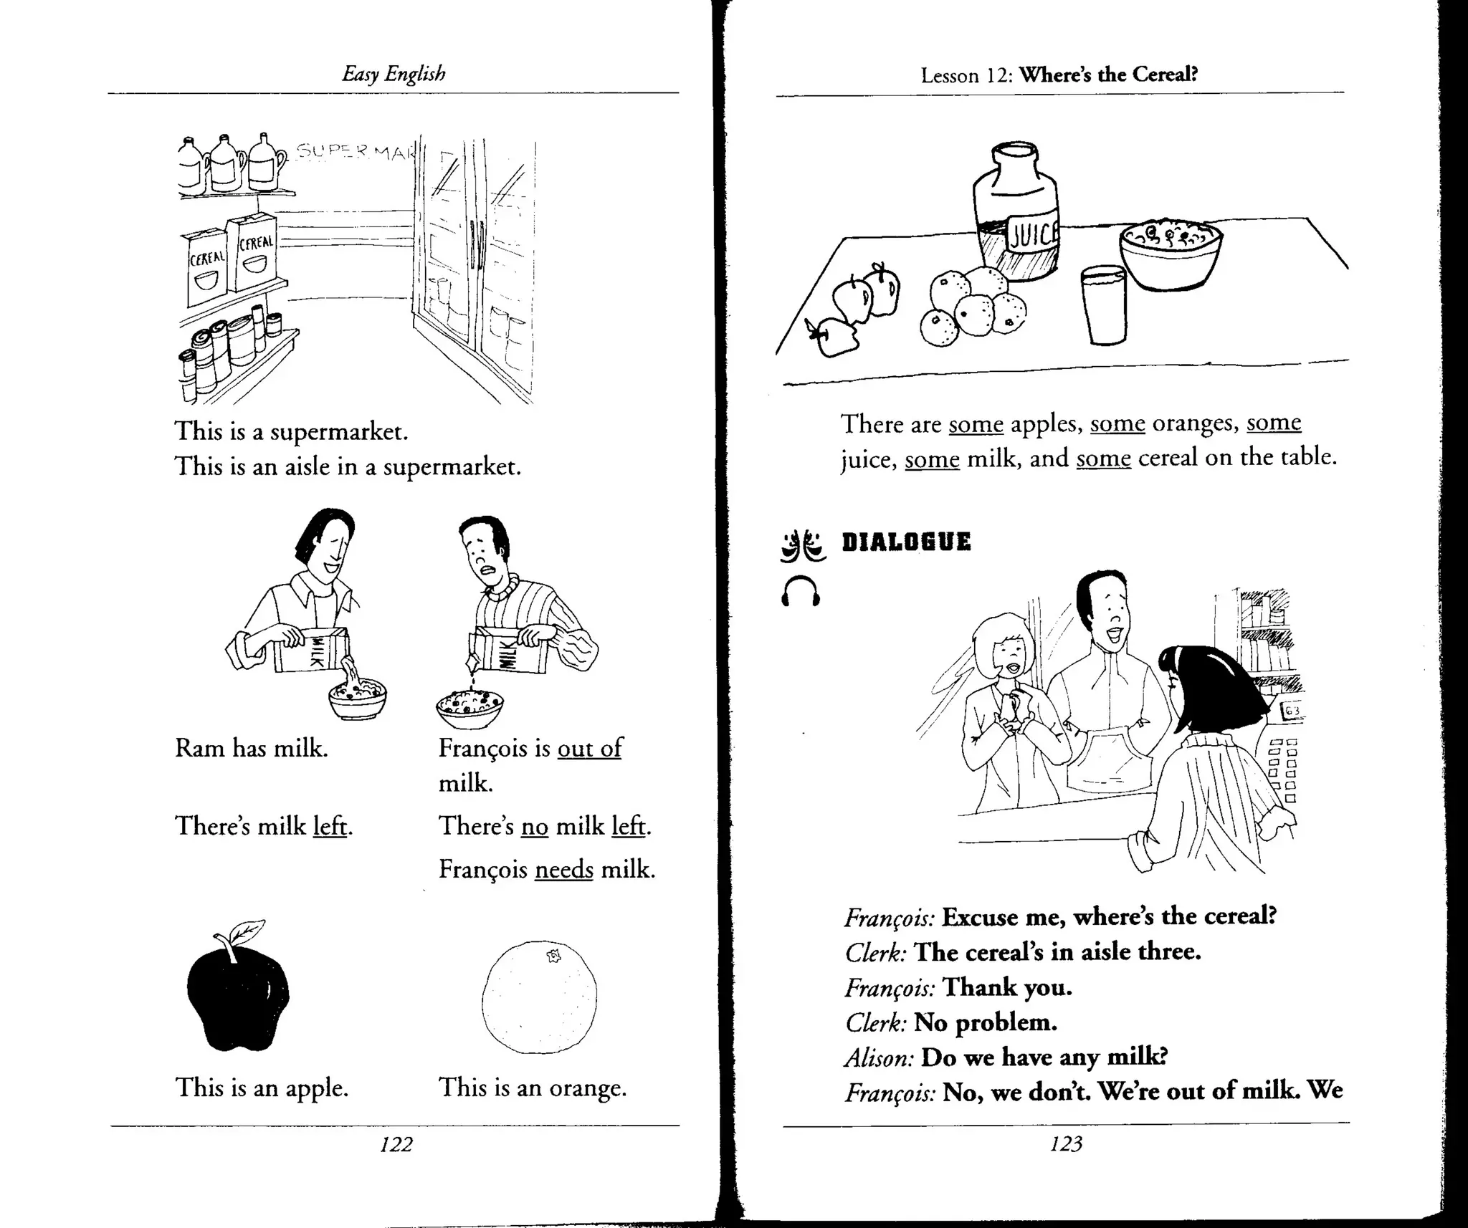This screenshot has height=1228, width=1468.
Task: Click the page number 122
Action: click(396, 1144)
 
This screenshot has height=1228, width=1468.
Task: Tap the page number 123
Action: click(1065, 1144)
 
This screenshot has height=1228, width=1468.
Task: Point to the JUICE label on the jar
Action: click(1033, 234)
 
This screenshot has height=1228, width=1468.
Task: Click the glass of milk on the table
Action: click(1103, 306)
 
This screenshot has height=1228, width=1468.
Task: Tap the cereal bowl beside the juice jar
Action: click(1171, 254)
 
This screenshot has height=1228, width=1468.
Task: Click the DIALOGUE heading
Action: click(906, 542)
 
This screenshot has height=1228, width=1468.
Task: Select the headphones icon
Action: click(800, 592)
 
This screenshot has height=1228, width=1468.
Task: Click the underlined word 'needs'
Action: click(563, 870)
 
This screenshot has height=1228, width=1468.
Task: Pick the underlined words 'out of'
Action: click(589, 748)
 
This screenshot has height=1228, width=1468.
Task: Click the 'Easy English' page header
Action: click(394, 74)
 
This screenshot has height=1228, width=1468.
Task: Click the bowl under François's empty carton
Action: click(470, 706)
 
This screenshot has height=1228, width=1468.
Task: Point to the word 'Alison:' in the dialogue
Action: click(879, 1057)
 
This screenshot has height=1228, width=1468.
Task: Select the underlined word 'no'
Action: click(534, 827)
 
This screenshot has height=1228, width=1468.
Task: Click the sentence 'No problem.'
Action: click(985, 1022)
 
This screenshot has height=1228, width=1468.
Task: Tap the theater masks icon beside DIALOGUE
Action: click(801, 546)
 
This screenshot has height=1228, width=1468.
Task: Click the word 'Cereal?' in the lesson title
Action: click(1168, 74)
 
